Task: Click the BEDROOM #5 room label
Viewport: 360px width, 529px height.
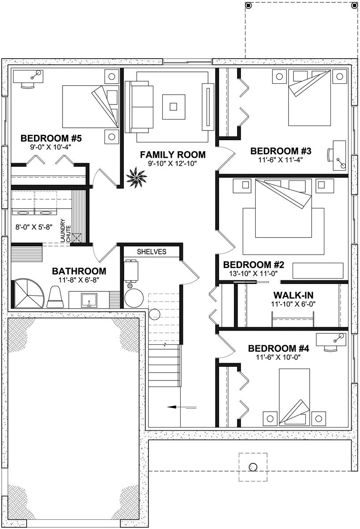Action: coord(51,138)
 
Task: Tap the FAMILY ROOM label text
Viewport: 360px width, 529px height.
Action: coord(172,154)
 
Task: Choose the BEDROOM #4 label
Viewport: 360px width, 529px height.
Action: coord(278,348)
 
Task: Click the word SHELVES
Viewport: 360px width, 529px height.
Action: coord(151,252)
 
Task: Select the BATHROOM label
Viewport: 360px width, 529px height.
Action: coord(79,271)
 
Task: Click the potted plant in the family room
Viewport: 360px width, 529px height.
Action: coord(133,179)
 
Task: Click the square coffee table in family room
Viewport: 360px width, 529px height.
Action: coord(174,106)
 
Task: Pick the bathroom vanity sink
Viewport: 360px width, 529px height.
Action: coord(89,300)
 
